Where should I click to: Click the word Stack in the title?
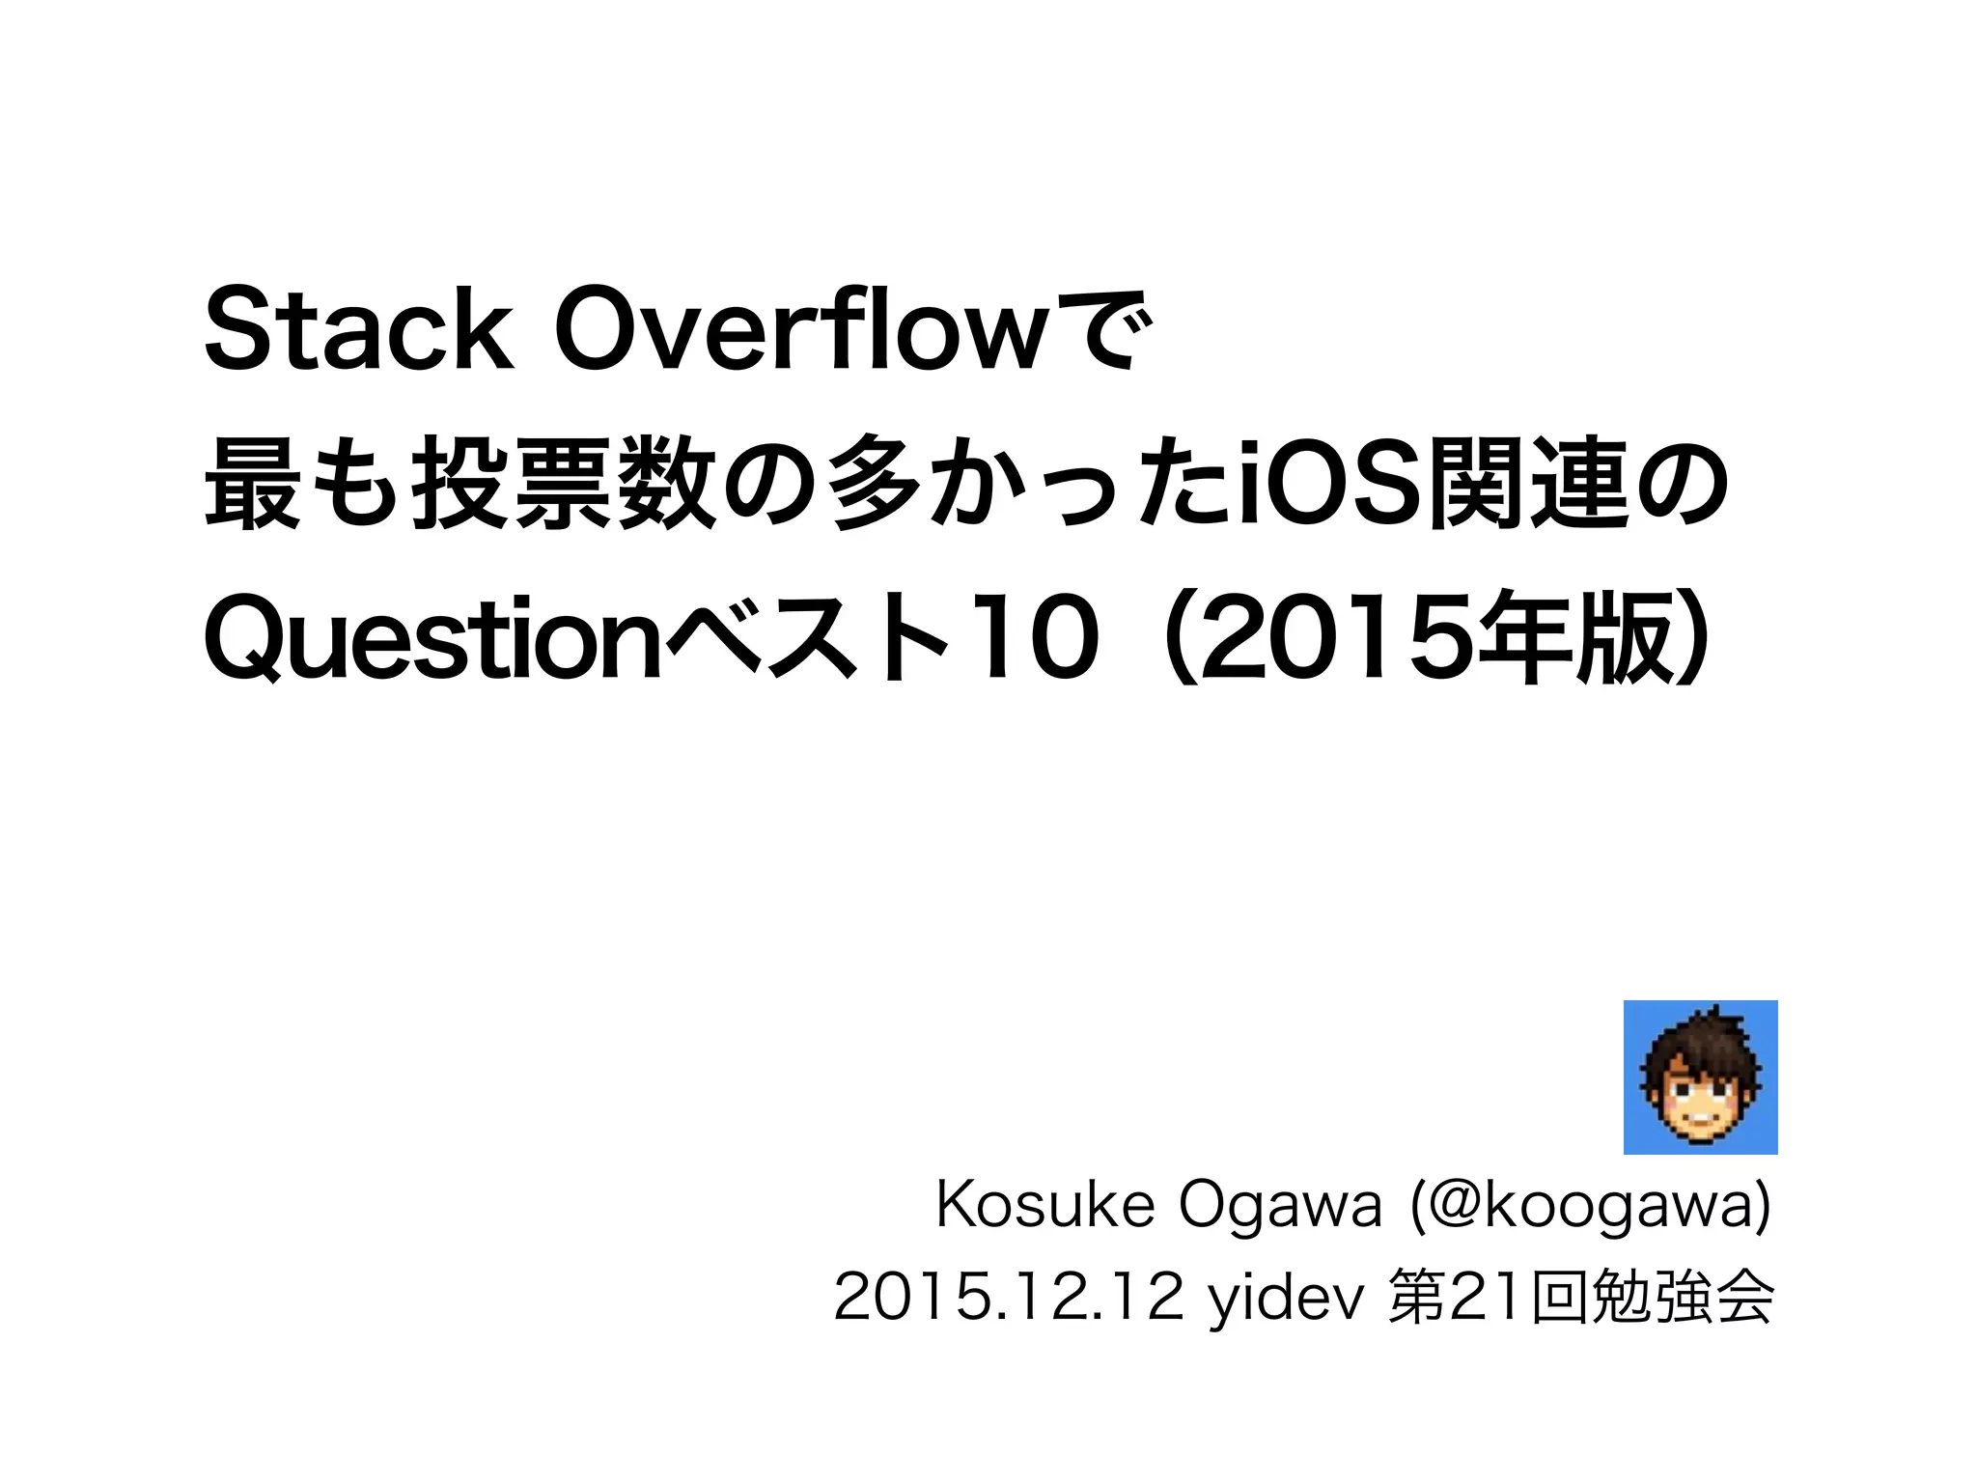(x=358, y=331)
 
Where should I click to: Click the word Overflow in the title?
(x=798, y=331)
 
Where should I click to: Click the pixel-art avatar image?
(x=1700, y=1077)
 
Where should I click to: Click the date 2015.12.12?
(x=1008, y=1298)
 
